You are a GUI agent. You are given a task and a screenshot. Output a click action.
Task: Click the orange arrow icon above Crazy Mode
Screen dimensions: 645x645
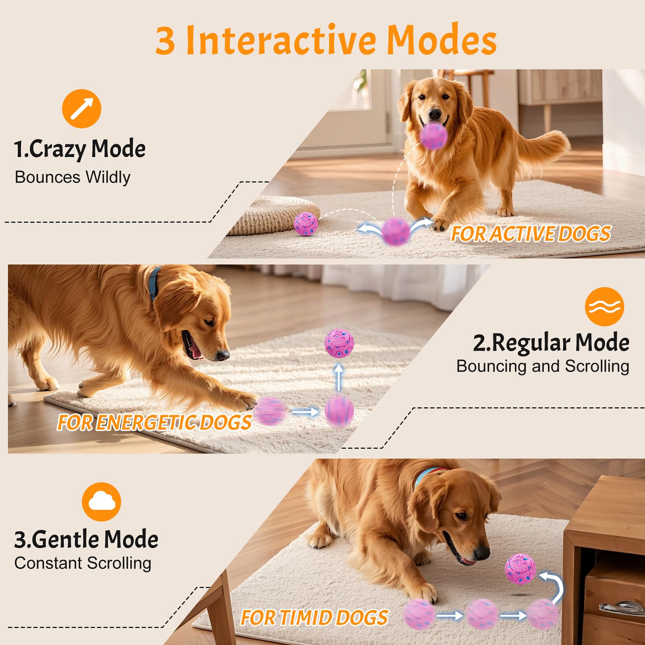pyautogui.click(x=81, y=108)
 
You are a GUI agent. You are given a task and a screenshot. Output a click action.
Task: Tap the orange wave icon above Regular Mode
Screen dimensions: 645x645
pyautogui.click(x=604, y=307)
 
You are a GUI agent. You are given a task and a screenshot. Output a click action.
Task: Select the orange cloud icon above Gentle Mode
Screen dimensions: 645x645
pyautogui.click(x=101, y=502)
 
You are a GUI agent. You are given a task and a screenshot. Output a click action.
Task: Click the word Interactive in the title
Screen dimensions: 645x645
pyautogui.click(x=282, y=40)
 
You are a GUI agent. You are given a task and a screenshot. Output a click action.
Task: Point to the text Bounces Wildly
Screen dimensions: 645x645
pyautogui.click(x=73, y=177)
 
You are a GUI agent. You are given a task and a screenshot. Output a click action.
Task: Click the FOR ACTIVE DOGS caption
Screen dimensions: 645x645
pyautogui.click(x=531, y=234)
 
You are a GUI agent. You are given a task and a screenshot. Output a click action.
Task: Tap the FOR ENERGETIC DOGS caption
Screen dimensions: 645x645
pyautogui.click(x=154, y=422)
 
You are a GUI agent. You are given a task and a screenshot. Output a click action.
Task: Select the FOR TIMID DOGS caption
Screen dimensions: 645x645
pyautogui.click(x=314, y=618)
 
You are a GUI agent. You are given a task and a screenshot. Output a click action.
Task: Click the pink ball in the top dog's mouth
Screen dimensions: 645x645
pyautogui.click(x=434, y=136)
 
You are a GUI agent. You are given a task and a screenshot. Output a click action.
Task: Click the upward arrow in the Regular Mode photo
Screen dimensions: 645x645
pyautogui.click(x=339, y=377)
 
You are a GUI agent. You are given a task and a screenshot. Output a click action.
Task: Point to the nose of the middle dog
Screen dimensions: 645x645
pyautogui.click(x=223, y=355)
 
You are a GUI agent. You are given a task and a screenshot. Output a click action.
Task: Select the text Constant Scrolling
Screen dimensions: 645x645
pyautogui.click(x=83, y=563)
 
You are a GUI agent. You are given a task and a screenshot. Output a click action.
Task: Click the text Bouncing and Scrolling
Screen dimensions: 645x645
pyautogui.click(x=542, y=366)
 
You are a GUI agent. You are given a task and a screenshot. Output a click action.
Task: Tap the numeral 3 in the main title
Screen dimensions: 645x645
pyautogui.click(x=165, y=40)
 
